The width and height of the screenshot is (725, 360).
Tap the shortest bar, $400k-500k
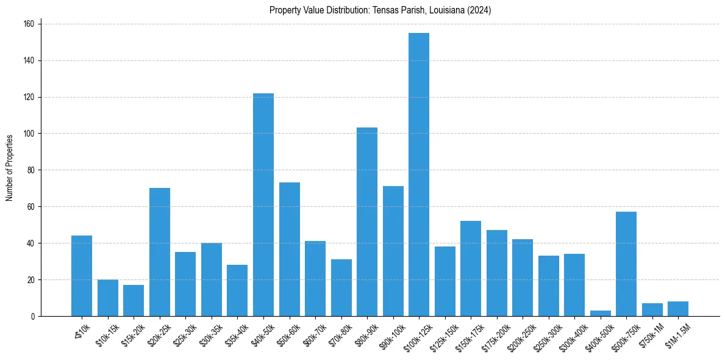(x=601, y=313)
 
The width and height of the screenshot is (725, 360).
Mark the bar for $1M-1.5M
(x=678, y=309)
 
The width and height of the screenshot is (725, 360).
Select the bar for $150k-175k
(x=471, y=268)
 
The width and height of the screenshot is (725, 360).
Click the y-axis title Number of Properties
(x=9, y=168)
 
